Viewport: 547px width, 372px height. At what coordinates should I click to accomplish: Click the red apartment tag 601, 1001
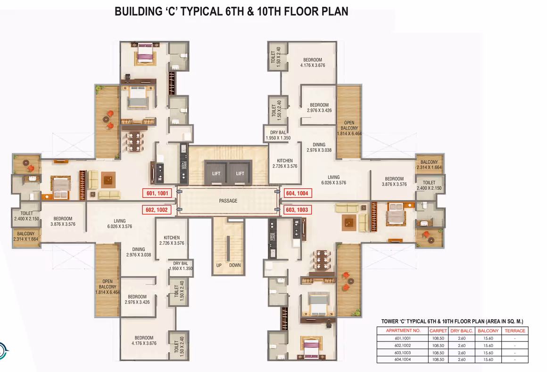click(157, 194)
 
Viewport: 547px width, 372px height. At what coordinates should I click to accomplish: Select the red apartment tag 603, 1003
click(297, 210)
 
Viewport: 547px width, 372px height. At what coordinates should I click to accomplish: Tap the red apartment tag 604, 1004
click(297, 194)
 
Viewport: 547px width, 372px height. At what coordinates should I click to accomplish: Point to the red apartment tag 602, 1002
click(157, 210)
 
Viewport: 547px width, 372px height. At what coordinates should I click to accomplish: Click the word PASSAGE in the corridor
click(228, 201)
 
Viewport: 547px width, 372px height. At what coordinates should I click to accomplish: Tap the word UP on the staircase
click(219, 266)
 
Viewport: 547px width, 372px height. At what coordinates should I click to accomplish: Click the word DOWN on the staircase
click(235, 266)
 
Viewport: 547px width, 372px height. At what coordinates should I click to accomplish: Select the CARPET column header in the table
click(438, 331)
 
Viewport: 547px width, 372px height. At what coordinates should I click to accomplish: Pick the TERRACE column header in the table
click(515, 331)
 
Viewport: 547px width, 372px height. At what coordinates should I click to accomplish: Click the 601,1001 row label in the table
click(403, 338)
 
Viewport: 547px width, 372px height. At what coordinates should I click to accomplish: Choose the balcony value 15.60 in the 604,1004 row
click(488, 359)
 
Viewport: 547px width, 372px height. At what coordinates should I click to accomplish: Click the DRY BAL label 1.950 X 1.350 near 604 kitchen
click(278, 135)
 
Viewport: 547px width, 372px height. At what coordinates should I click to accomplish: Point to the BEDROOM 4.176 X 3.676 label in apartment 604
click(313, 63)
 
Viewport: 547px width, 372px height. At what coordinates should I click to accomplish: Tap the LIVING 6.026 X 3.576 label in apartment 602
click(120, 224)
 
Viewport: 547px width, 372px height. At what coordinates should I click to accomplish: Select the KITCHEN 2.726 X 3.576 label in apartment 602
click(172, 240)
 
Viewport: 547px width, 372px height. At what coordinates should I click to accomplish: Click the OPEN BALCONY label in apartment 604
click(349, 128)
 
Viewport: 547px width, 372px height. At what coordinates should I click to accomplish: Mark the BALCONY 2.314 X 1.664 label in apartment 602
click(26, 236)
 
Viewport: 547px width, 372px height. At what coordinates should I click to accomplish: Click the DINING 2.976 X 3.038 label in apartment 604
click(319, 147)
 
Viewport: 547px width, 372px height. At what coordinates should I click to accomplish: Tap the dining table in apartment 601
click(135, 141)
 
